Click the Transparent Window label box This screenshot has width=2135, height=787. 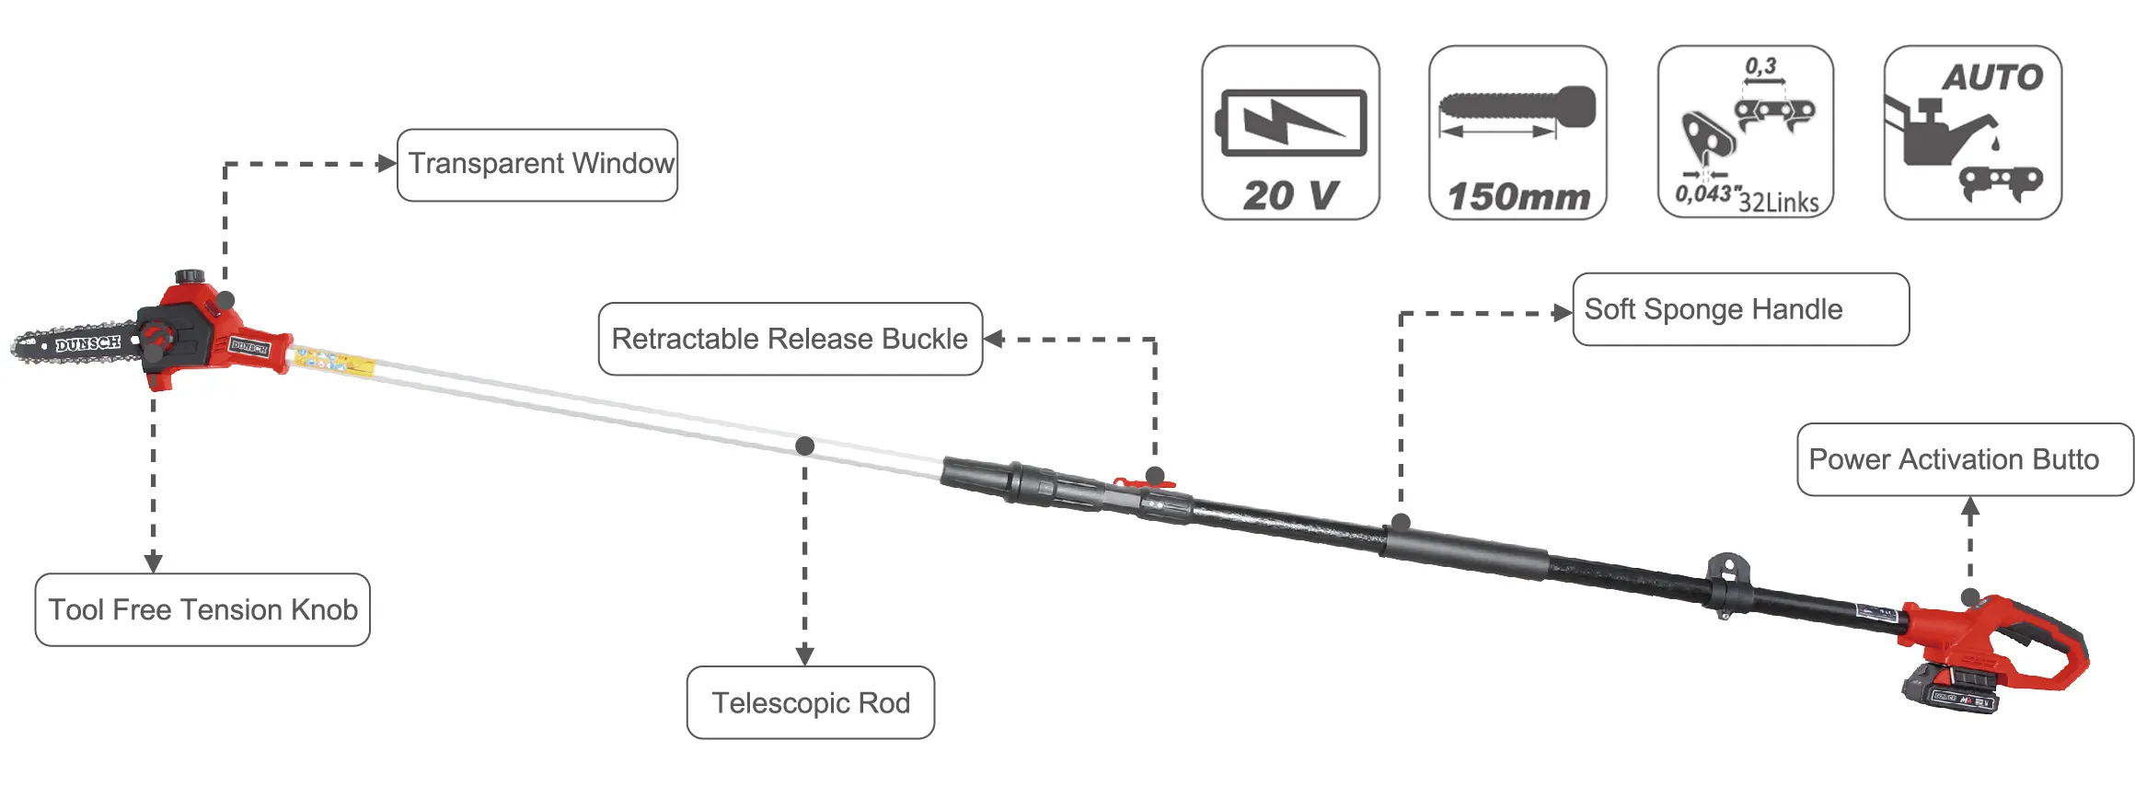click(537, 165)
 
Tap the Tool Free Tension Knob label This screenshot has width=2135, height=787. click(202, 609)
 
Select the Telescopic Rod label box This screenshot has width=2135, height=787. click(811, 702)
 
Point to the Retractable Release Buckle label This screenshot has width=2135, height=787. click(790, 339)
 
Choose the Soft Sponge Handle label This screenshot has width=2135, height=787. click(1740, 309)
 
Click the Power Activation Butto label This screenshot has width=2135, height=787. click(1964, 459)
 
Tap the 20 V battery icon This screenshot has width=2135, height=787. click(1290, 133)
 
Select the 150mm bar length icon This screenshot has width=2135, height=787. click(1518, 133)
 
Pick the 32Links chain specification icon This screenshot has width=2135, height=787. click(1746, 133)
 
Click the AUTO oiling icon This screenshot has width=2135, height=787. click(1972, 133)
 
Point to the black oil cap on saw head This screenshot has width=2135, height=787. click(190, 276)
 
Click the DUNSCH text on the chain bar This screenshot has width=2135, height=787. click(88, 344)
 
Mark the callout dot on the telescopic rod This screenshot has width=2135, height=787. click(805, 446)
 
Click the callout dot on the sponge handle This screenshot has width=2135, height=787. click(1401, 523)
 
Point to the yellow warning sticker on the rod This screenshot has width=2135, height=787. click(333, 363)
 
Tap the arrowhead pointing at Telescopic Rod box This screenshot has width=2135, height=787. click(805, 655)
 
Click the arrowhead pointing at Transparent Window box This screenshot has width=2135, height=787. click(387, 164)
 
